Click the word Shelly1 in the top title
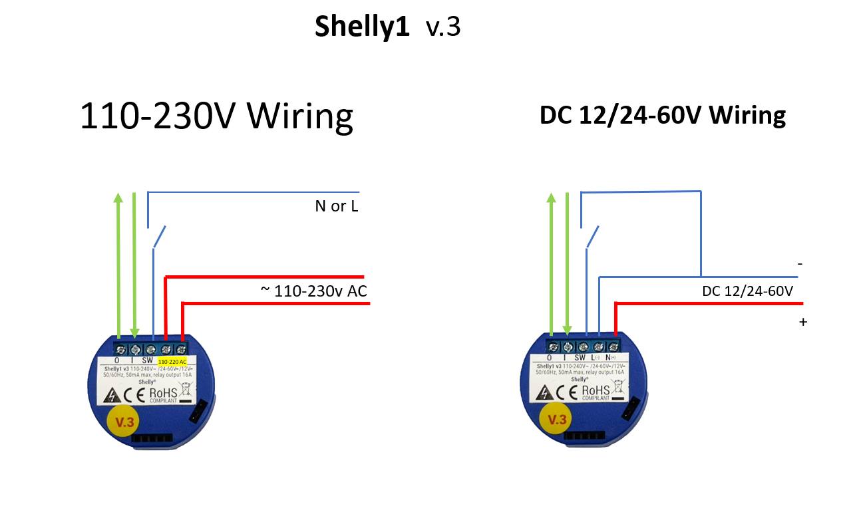point(362,27)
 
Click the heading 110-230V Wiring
point(216,116)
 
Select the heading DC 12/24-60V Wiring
point(662,115)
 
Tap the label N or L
point(336,206)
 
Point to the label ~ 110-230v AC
point(313,291)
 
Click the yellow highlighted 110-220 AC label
point(172,361)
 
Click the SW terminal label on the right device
point(580,357)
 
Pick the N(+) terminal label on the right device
point(611,357)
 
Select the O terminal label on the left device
point(117,360)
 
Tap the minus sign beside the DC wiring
point(800,264)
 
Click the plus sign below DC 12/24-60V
point(803,322)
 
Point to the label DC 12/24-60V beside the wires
point(747,291)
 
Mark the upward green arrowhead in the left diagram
point(118,198)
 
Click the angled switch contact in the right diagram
point(592,237)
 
